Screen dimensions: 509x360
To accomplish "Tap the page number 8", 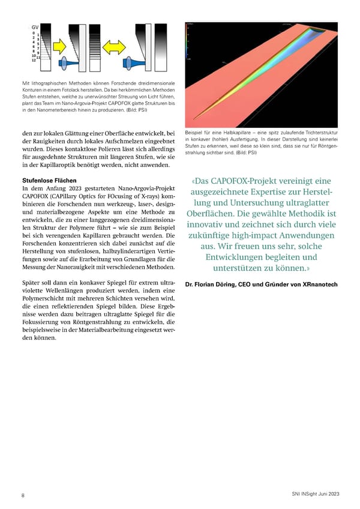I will click(23, 495).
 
